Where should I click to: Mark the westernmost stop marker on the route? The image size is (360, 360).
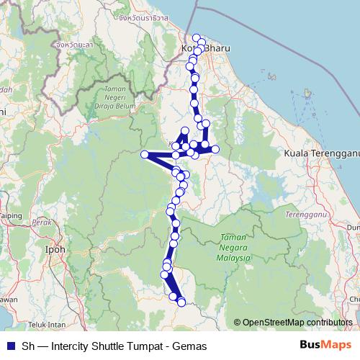coord(144,154)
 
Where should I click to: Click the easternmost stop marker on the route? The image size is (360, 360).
coord(215,149)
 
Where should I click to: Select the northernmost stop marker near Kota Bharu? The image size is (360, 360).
coord(196,37)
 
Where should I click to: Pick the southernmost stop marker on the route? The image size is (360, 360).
coord(181,302)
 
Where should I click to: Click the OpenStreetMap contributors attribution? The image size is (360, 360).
coord(297,322)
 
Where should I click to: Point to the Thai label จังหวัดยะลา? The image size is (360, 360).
coord(71,45)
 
